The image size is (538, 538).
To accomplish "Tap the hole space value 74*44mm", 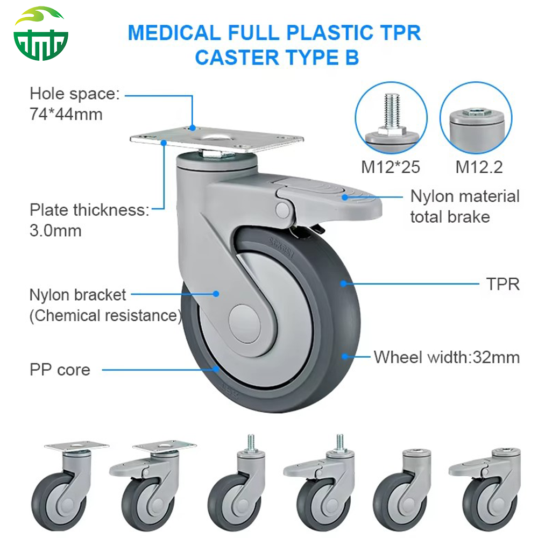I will (x=66, y=114).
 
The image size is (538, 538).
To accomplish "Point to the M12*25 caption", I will (x=390, y=167).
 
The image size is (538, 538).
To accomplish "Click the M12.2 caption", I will (x=479, y=167).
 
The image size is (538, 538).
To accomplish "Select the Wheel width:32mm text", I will (x=447, y=357).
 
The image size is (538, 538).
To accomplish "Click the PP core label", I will (x=59, y=370).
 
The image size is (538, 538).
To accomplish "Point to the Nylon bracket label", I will (x=77, y=295).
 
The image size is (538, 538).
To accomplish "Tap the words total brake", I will (x=450, y=217).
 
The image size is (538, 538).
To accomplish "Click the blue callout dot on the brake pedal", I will (x=344, y=197).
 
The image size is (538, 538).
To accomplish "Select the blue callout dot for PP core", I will (x=216, y=369).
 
